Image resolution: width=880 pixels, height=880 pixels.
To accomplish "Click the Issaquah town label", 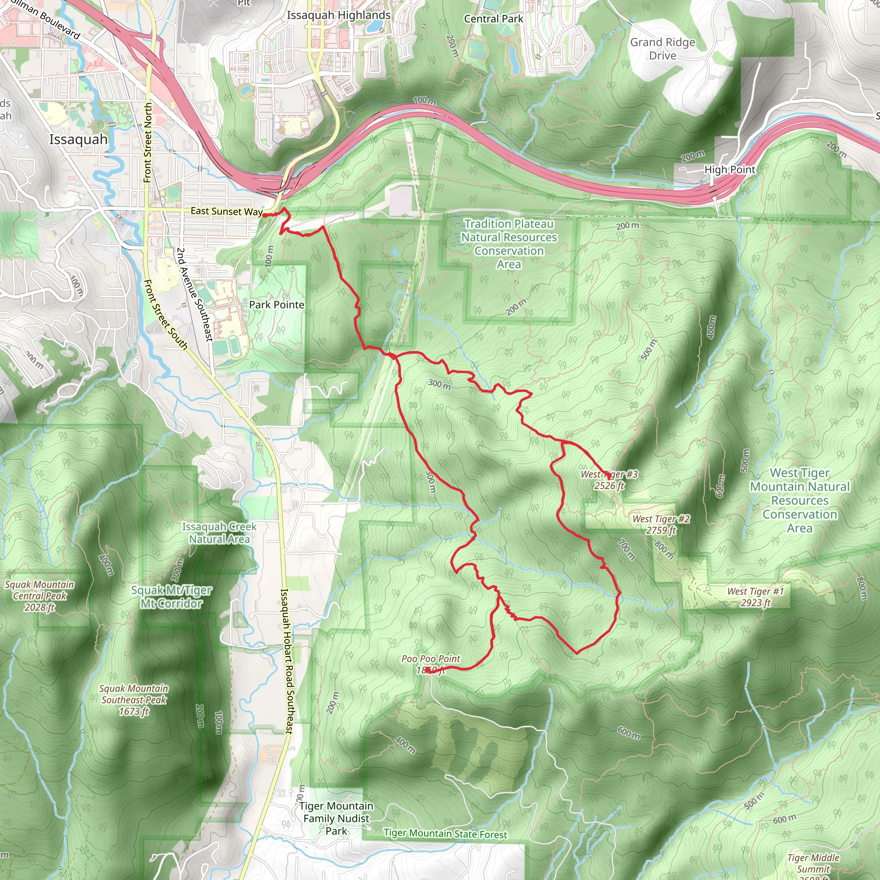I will coord(78,139).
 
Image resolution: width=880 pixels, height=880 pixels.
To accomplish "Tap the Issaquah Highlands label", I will coord(339,15).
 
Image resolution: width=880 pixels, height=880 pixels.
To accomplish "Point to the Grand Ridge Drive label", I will coord(662,49).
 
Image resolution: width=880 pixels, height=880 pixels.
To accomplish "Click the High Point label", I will coord(730,169).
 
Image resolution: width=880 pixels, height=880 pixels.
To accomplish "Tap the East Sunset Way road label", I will coord(226,211).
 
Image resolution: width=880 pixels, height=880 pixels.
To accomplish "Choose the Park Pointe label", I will coord(276,305).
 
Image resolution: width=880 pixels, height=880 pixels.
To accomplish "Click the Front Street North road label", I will coord(147,143).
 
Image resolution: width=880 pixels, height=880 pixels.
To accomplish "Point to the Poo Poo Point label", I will coord(431,664).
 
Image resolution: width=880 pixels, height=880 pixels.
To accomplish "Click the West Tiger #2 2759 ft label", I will coord(661,524).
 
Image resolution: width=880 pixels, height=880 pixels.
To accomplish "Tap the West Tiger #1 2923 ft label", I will coord(756,597).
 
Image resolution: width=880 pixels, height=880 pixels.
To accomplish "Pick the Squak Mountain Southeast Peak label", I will coord(134,700).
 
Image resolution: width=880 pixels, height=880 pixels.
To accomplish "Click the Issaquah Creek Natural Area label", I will coord(219,533).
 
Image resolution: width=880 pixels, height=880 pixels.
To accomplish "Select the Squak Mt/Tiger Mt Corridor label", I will coord(171,597).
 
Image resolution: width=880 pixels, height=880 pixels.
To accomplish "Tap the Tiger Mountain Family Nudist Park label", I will coord(336,818).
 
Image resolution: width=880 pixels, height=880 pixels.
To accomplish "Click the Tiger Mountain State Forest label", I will coord(445,834).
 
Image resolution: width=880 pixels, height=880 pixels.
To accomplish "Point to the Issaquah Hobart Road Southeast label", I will coord(286,660).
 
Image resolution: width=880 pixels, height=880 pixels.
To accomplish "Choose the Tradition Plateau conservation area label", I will coord(509,244).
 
